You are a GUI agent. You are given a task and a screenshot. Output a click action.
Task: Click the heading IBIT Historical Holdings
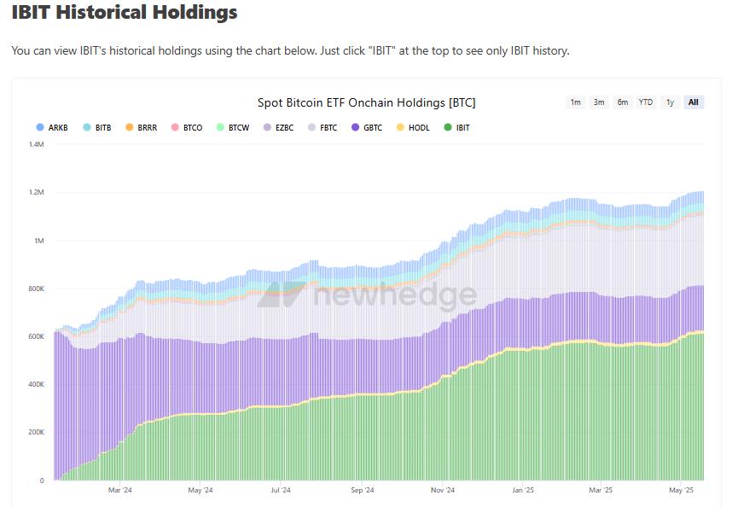click(x=125, y=13)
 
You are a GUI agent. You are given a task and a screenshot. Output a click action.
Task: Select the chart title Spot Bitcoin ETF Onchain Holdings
click(x=366, y=102)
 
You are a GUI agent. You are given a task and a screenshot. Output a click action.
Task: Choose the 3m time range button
click(x=599, y=102)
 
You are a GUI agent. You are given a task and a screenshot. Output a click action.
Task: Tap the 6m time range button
click(x=623, y=102)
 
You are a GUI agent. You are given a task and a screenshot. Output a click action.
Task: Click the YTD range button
click(x=646, y=102)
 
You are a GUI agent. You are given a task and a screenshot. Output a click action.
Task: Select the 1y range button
click(x=670, y=102)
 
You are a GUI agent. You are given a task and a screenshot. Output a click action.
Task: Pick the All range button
click(x=693, y=102)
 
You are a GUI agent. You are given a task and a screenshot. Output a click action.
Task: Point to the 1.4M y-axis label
click(x=36, y=145)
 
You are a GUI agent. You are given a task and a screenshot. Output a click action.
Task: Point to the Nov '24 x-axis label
click(x=443, y=491)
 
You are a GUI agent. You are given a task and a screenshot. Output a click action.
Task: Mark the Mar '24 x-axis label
click(x=120, y=491)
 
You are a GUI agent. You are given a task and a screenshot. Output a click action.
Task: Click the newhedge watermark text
click(x=395, y=295)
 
